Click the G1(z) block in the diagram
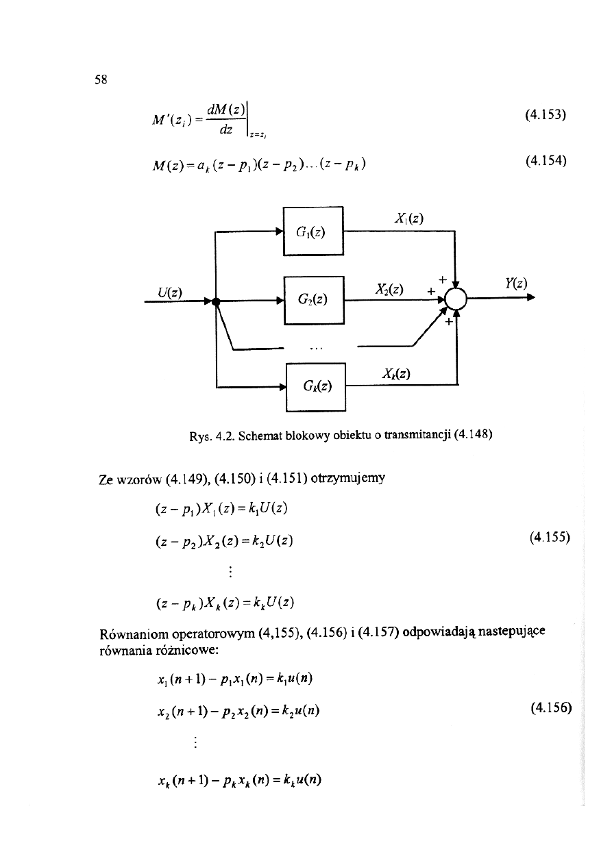(313, 231)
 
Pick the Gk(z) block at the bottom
(316, 386)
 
